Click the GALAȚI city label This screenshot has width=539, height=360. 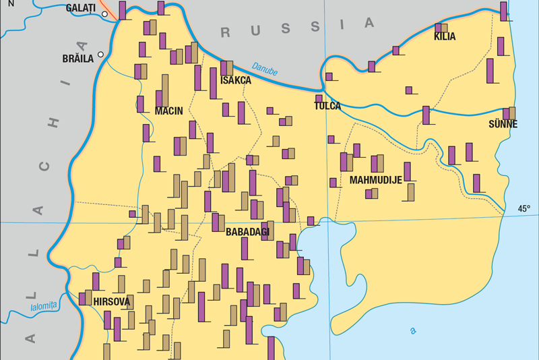coord(80,8)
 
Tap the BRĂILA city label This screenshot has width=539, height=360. coord(77,59)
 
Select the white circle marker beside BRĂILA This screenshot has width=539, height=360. coord(101,55)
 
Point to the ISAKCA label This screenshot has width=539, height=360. coord(235,81)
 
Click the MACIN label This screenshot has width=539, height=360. coord(168,111)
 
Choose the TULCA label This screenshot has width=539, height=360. coord(327,106)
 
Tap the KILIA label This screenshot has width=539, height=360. coord(445,37)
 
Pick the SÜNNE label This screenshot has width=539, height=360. coord(503,125)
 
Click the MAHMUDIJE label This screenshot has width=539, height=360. coord(375,180)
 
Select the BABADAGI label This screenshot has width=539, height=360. coord(247,232)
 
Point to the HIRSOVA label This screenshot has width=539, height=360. coord(112,301)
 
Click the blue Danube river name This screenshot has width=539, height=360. coord(264,68)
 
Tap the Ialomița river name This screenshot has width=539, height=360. coord(44,307)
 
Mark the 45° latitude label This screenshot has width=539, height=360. coord(524,209)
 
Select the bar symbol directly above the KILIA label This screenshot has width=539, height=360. coord(441,28)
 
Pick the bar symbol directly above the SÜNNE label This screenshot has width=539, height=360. coord(509,113)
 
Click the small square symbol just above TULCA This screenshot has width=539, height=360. coord(319,98)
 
